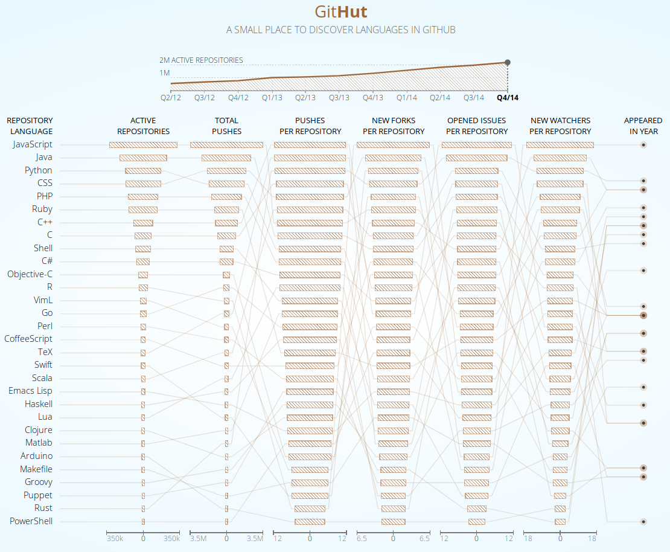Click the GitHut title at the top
pyautogui.click(x=340, y=12)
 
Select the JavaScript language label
pyautogui.click(x=33, y=144)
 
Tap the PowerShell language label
pyautogui.click(x=31, y=521)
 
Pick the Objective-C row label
pyautogui.click(x=30, y=274)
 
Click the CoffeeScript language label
pyautogui.click(x=28, y=339)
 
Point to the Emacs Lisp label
pyautogui.click(x=30, y=391)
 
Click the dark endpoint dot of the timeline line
pyautogui.click(x=508, y=62)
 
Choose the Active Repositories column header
pyautogui.click(x=143, y=126)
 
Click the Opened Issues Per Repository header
pyautogui.click(x=477, y=126)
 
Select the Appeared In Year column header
pyautogui.click(x=643, y=126)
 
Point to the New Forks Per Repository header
pyautogui.click(x=394, y=126)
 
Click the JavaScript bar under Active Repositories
pyautogui.click(x=143, y=145)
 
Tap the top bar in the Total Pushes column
pyautogui.click(x=226, y=145)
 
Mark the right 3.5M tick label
pyautogui.click(x=255, y=539)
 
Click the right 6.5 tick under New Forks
pyautogui.click(x=424, y=539)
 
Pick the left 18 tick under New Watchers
pyautogui.click(x=528, y=539)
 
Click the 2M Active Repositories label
pyautogui.click(x=201, y=60)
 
